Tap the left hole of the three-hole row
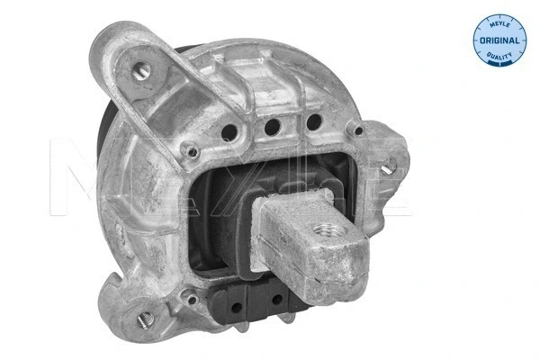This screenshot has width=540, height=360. point(229,131)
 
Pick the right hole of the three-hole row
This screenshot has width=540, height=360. point(313,120)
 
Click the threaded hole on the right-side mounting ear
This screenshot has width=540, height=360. point(390,166)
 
